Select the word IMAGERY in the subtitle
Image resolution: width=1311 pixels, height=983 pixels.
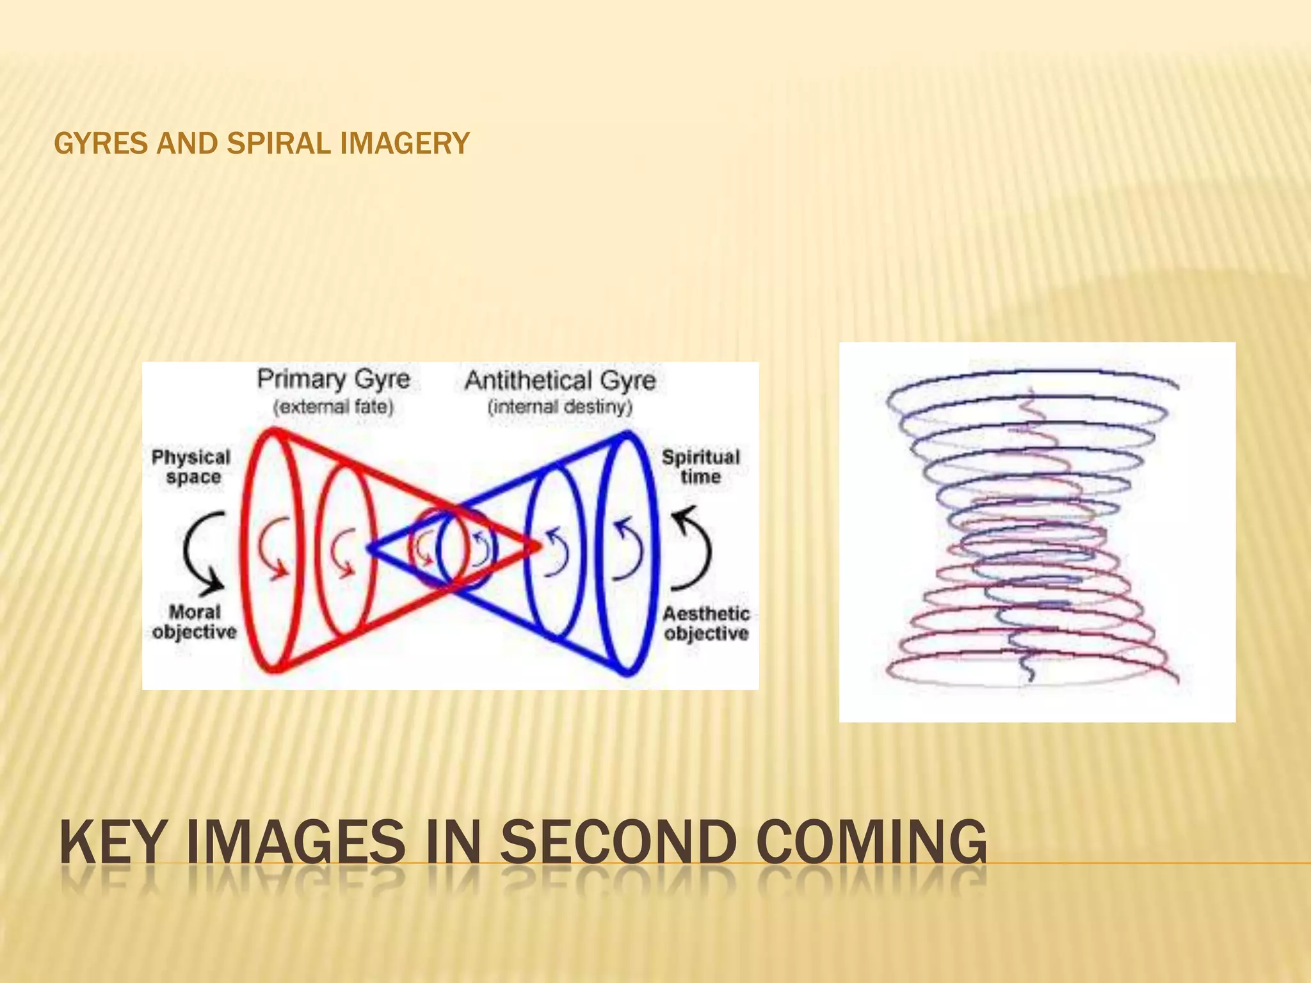point(405,143)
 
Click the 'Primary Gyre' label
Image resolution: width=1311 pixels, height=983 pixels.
point(333,379)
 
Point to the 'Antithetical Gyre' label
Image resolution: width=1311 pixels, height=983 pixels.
point(560,380)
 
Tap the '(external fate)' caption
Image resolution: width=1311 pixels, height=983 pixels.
point(333,407)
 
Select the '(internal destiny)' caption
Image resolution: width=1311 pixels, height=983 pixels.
point(560,407)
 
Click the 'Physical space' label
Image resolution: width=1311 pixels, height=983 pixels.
point(191,467)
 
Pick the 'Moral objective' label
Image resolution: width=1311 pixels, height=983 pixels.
point(194,622)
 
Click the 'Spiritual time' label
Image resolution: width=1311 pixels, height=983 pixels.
point(700,467)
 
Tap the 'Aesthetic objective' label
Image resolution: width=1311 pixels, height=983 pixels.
point(705,623)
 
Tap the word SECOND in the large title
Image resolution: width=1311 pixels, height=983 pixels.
point(618,843)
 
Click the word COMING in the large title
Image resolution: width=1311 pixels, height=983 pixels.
point(871,843)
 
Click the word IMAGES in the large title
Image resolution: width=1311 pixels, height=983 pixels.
point(296,843)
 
